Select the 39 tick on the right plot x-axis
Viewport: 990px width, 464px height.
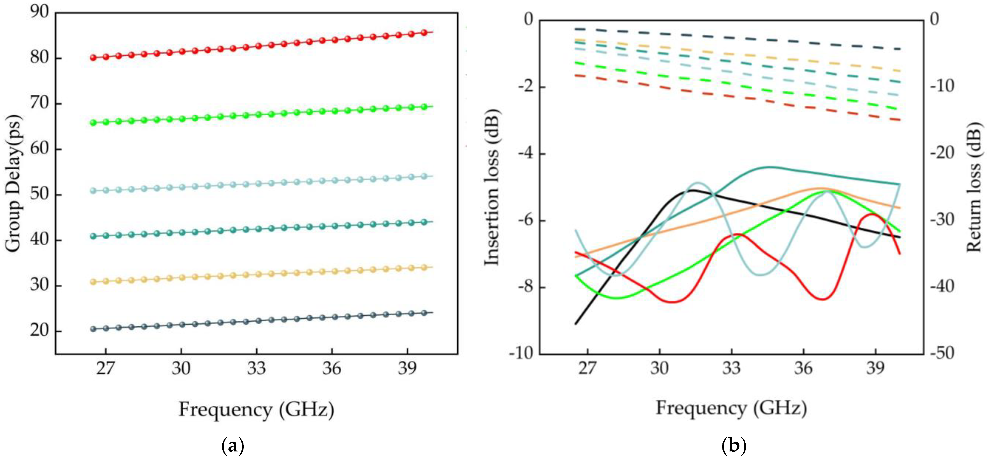[x=875, y=368]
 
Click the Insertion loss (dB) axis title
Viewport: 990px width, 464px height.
[x=492, y=187]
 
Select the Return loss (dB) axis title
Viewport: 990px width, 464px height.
[x=974, y=187]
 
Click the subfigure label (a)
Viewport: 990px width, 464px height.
[x=233, y=446]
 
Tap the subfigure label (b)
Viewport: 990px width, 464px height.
[x=734, y=446]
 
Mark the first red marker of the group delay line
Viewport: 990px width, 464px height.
[x=93, y=58]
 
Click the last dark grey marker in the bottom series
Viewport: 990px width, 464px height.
[x=424, y=313]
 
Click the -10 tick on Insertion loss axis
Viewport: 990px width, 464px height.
[x=522, y=353]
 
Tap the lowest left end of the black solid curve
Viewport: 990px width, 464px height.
[x=575, y=324]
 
